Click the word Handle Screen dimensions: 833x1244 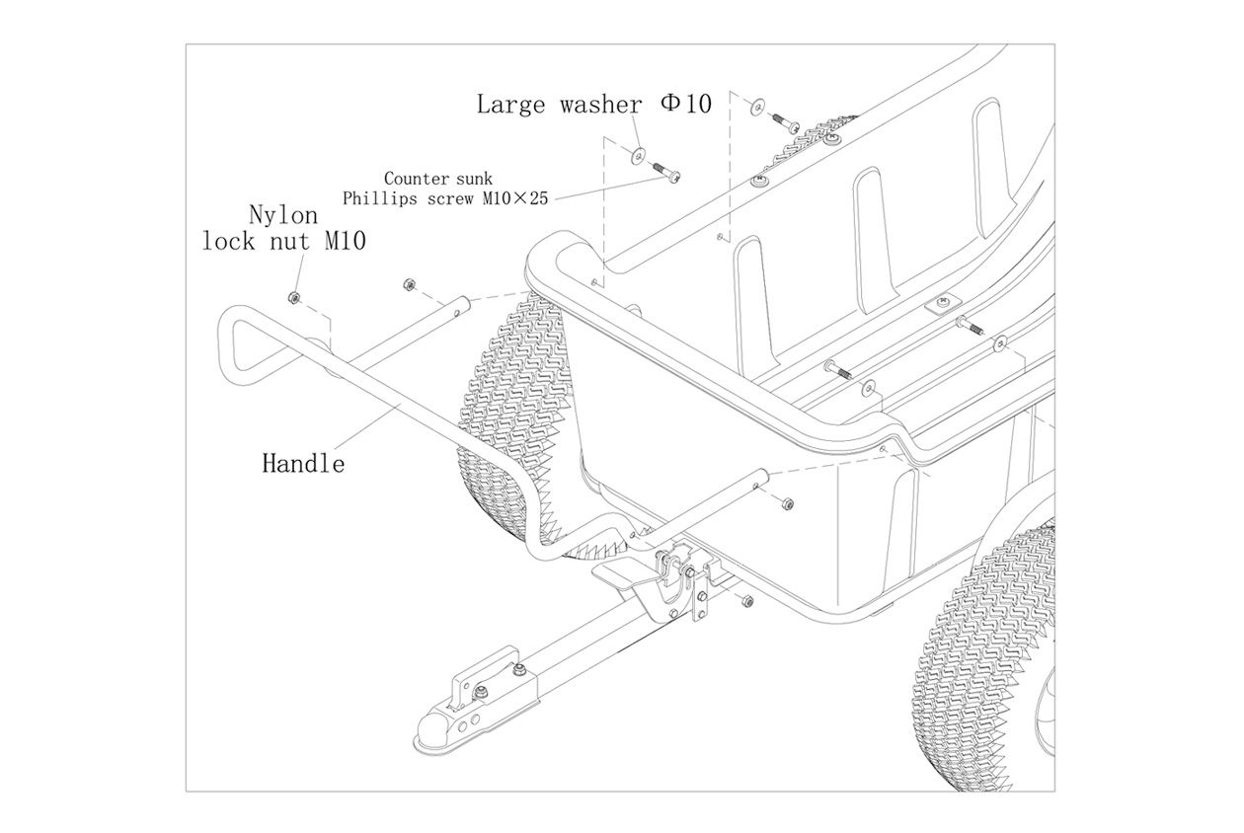pos(303,462)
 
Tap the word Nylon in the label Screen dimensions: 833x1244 pos(283,214)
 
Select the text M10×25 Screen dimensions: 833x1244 pos(514,198)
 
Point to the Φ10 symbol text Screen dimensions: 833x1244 pos(685,104)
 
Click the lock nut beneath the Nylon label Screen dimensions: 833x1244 pos(292,297)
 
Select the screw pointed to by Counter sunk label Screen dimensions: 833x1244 pos(668,177)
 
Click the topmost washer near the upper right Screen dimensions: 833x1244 pos(757,105)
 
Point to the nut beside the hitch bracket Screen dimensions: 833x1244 pos(746,600)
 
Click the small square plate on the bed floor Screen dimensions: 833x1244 pos(941,305)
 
